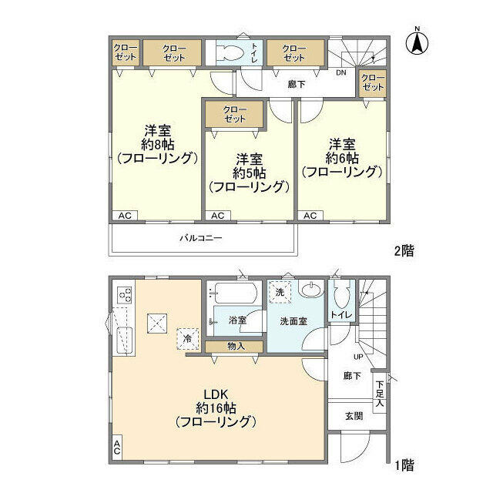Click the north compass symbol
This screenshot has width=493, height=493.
tap(418, 42)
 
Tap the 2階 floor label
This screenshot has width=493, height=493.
tap(404, 250)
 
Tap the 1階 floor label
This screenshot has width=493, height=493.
tap(404, 465)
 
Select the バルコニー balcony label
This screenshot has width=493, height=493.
tap(201, 238)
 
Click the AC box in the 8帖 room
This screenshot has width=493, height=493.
tap(125, 216)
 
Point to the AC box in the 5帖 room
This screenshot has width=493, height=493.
tap(218, 216)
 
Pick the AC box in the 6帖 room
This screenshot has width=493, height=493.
tap(310, 216)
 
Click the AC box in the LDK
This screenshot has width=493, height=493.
tap(117, 447)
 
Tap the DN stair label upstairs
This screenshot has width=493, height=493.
tap(341, 72)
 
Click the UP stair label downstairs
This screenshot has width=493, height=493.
tap(358, 357)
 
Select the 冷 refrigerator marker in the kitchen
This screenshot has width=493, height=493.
tap(188, 339)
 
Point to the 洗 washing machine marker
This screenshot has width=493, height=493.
tap(280, 292)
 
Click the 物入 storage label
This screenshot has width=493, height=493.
tap(236, 347)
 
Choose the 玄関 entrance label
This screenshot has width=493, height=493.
tap(354, 416)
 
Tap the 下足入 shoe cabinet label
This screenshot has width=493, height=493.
tap(380, 394)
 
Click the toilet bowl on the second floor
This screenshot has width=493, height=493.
tap(232, 52)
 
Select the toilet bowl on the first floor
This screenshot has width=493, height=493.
tap(342, 293)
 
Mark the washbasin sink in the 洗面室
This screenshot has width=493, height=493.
tap(311, 289)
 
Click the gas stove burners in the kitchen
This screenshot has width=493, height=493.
tap(125, 294)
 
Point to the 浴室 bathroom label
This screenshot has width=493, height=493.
tap(237, 320)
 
